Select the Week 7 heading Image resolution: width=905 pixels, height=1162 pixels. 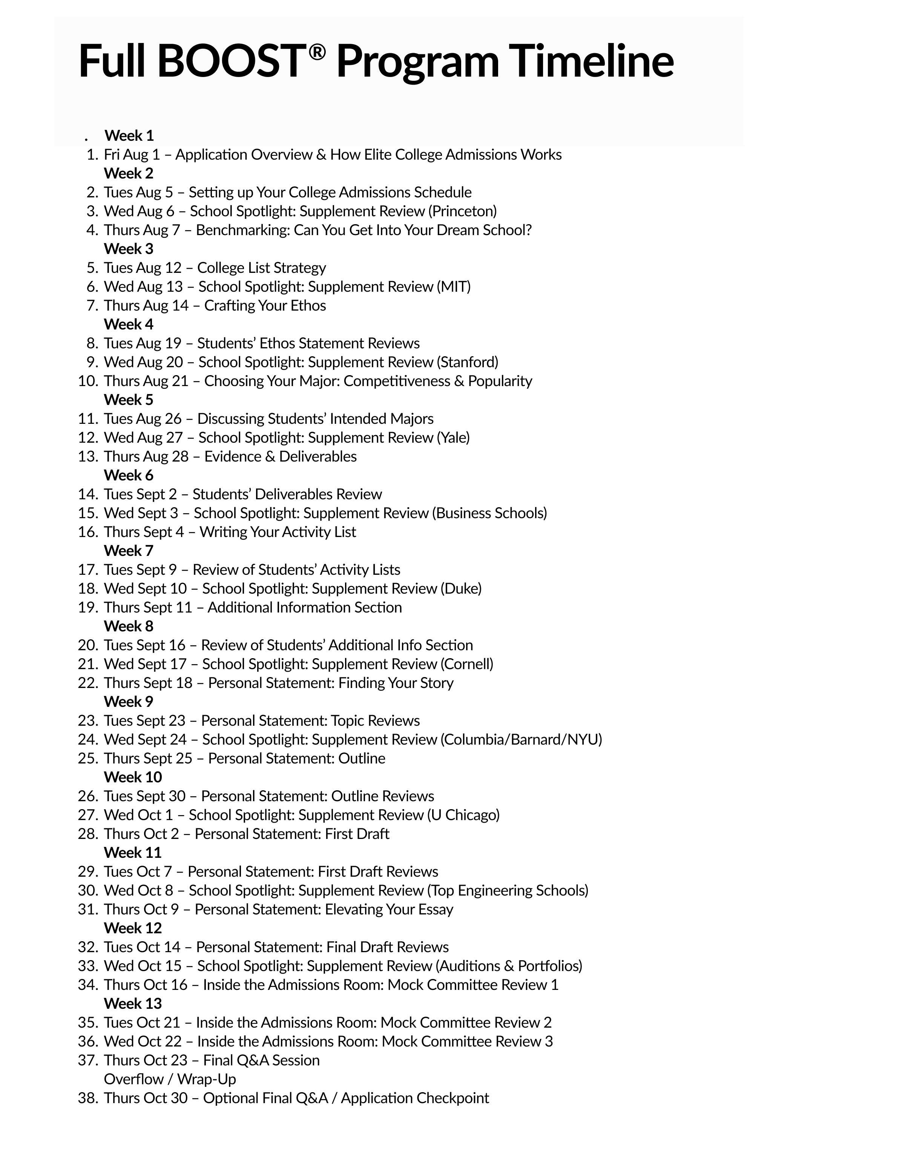tap(128, 551)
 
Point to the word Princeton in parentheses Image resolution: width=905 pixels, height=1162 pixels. tap(464, 211)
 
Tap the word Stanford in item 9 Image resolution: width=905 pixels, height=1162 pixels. tap(467, 362)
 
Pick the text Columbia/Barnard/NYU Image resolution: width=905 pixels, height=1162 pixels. tap(521, 740)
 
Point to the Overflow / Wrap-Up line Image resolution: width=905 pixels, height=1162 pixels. tap(170, 1079)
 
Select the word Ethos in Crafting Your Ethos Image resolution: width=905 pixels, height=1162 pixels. tap(308, 306)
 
